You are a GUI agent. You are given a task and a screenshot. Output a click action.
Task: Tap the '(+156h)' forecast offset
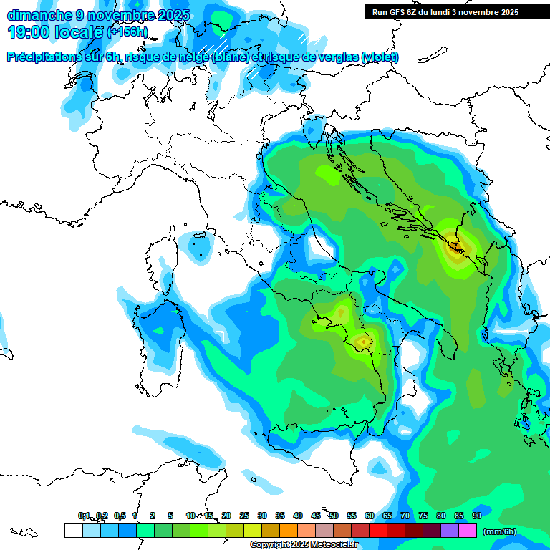point(127,32)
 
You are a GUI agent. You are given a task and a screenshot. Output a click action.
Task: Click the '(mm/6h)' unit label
point(499,531)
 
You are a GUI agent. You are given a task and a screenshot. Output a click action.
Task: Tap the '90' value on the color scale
point(476,516)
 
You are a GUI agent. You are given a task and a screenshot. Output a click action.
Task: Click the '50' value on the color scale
point(334,516)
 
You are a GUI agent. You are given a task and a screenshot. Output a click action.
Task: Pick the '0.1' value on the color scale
point(84,516)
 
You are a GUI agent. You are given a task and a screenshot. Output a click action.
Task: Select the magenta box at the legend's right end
point(468,530)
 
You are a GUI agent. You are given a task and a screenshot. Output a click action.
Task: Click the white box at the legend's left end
point(73,530)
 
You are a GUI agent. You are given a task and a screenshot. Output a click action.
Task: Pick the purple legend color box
point(450,530)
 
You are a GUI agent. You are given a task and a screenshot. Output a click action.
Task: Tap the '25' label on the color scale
point(244,516)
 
